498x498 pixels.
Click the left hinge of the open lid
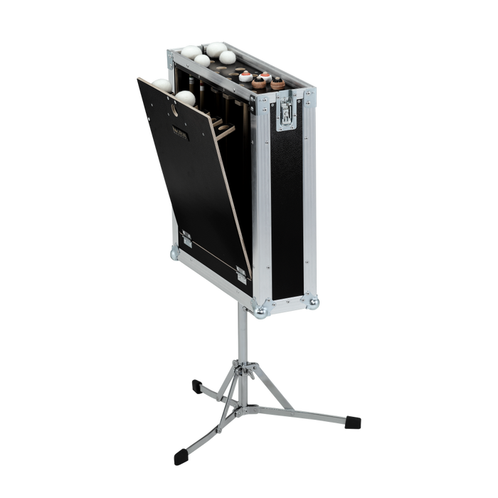[x=186, y=240]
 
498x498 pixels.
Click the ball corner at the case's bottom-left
[x=175, y=253]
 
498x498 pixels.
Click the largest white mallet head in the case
[x=214, y=48]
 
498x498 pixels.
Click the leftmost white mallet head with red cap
[x=245, y=76]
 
